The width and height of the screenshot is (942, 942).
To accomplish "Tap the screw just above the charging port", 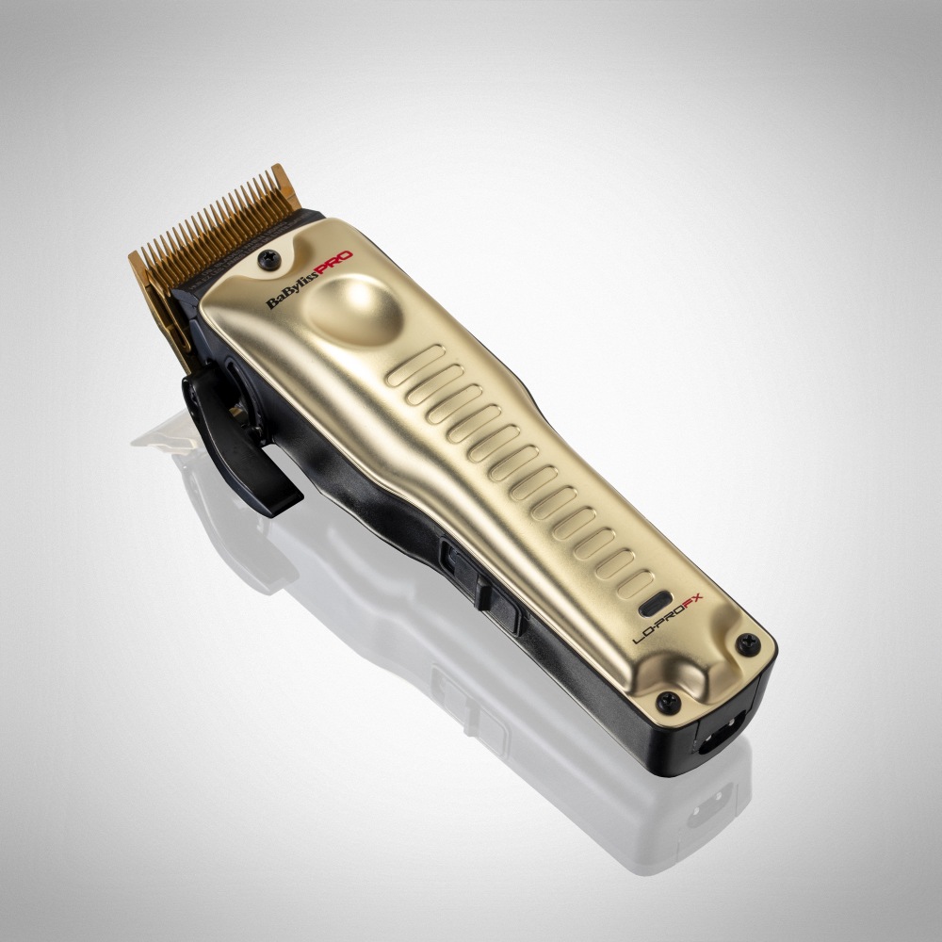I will tap(668, 699).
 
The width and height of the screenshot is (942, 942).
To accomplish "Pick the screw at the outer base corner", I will tap(750, 643).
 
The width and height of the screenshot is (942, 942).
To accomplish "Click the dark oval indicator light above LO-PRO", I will tap(654, 602).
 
